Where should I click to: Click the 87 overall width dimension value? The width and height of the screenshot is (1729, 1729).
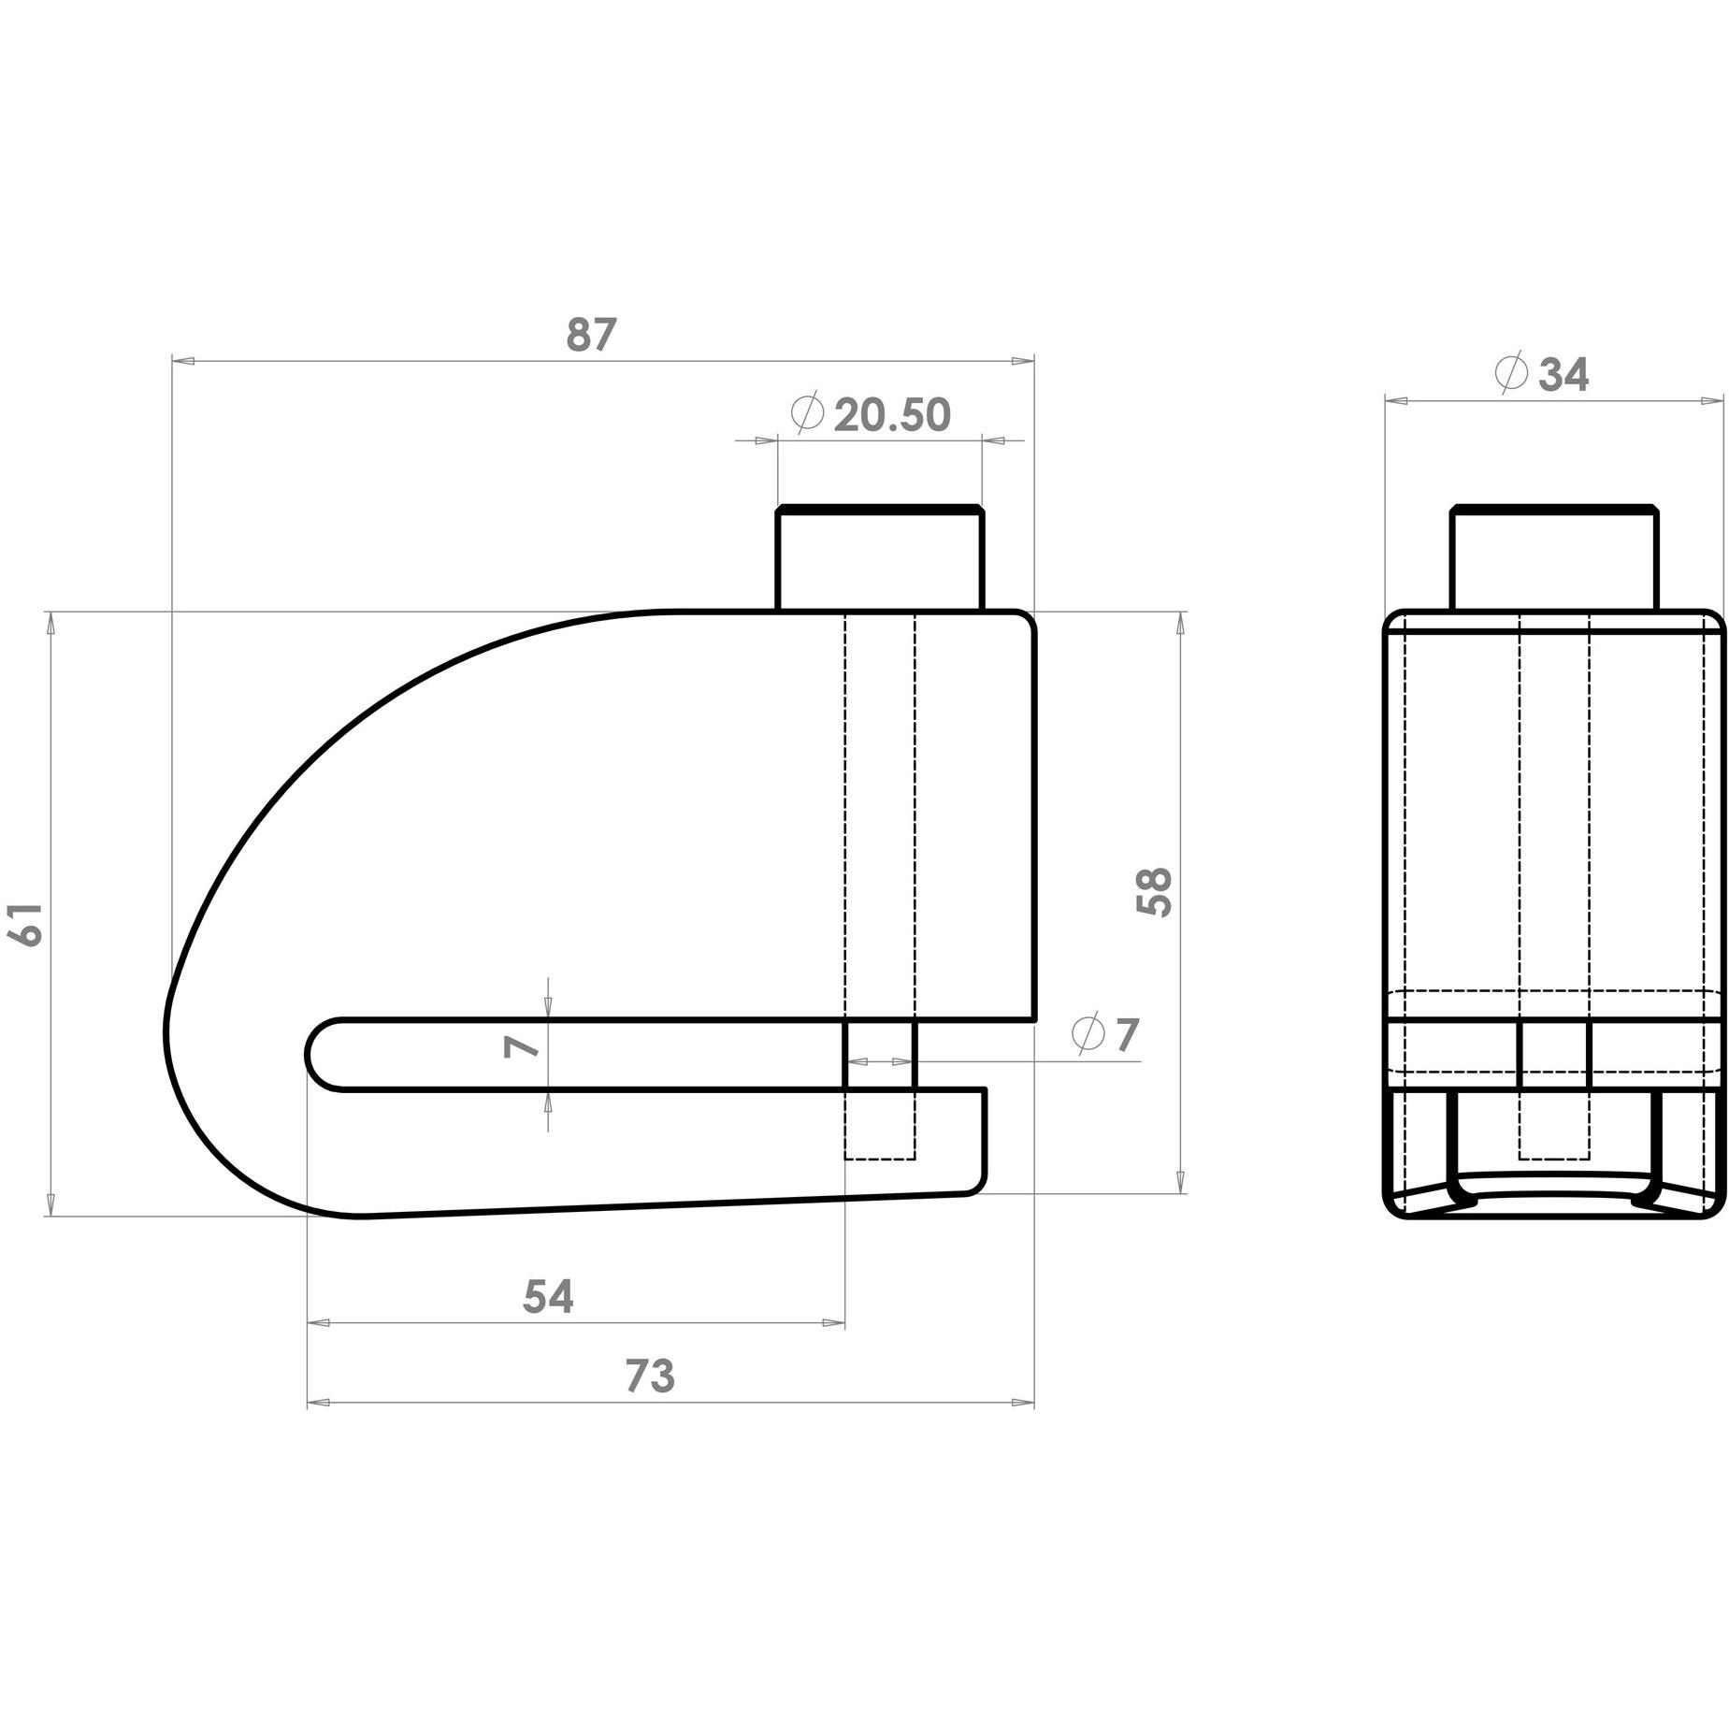pyautogui.click(x=591, y=335)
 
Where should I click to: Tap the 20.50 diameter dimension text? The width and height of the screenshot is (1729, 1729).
pyautogui.click(x=891, y=415)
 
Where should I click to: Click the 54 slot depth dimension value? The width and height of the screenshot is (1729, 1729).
pyautogui.click(x=548, y=1297)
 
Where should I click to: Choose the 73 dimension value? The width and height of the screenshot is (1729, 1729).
pyautogui.click(x=650, y=1376)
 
